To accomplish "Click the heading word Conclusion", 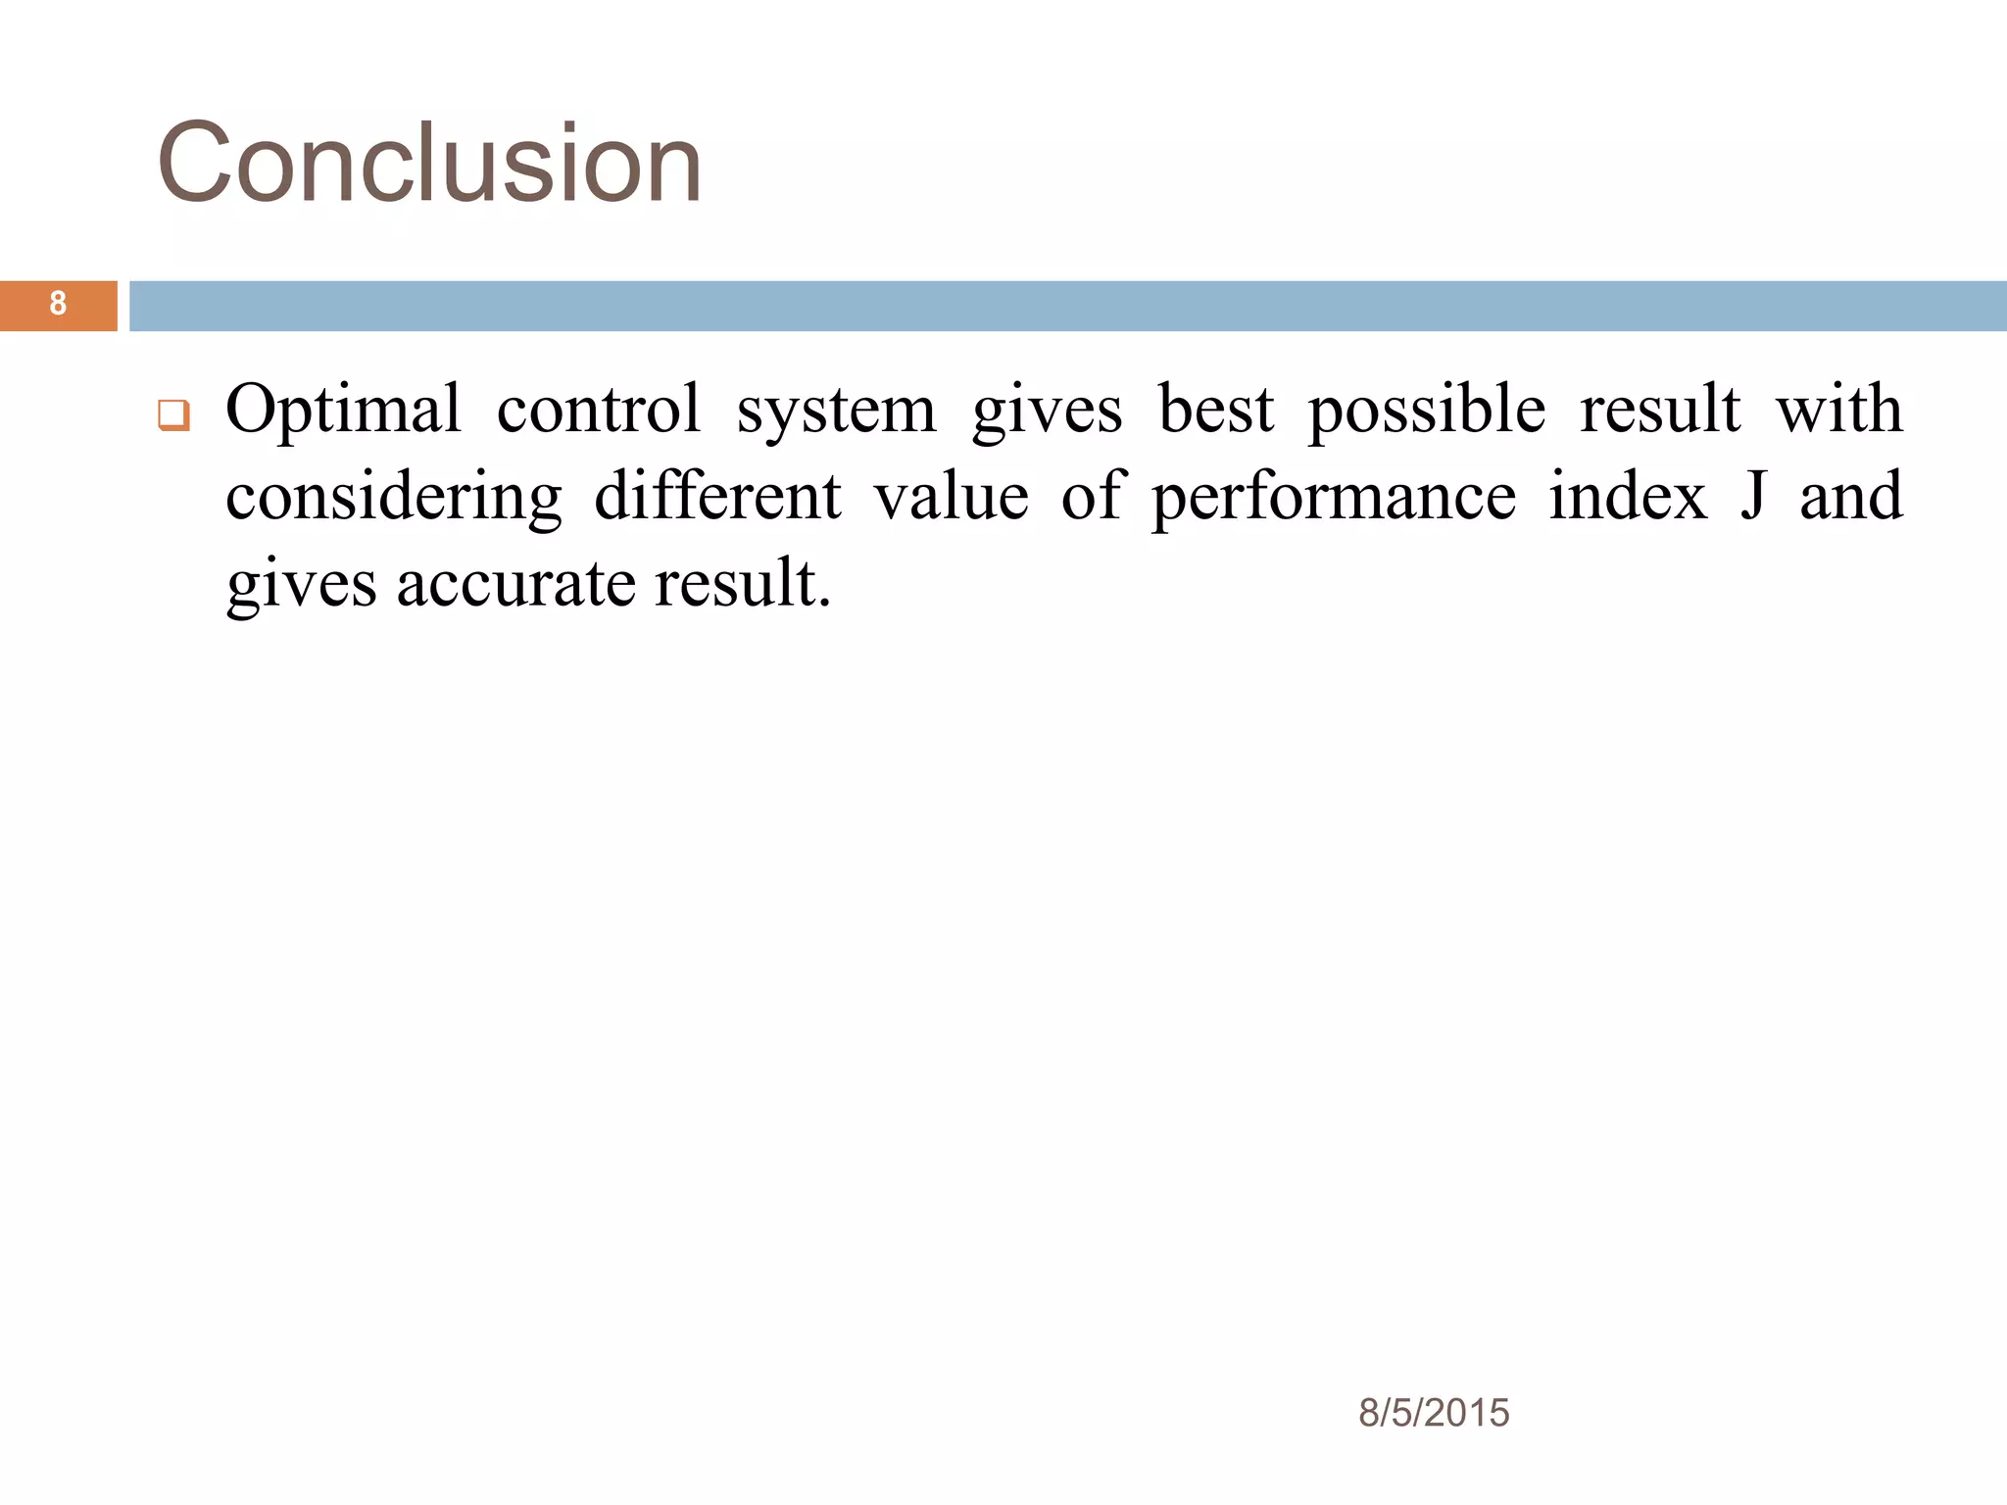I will (429, 163).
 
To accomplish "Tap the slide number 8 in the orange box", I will (58, 304).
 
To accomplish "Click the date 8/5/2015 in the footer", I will (1433, 1413).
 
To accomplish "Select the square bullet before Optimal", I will (173, 415).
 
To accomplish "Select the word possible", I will (1427, 410).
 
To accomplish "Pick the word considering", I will (394, 498).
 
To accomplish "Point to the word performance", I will (1333, 498).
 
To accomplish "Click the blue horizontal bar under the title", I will (1068, 306).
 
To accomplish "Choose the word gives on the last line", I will (301, 585).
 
